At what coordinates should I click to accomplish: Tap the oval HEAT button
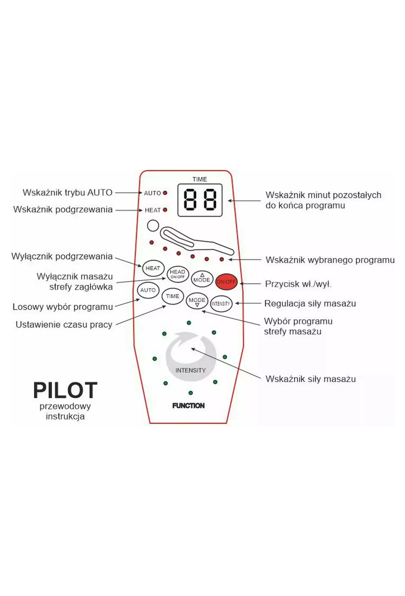[153, 268]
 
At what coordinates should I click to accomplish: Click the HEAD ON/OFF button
[178, 274]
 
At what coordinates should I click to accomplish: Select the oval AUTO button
[148, 290]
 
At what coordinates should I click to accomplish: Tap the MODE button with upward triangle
[202, 279]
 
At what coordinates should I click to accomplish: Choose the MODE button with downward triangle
[197, 301]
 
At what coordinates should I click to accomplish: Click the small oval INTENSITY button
[221, 304]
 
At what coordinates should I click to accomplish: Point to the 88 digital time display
[200, 200]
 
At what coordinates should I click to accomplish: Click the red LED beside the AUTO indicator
[165, 193]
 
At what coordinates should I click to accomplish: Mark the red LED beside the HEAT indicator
[165, 210]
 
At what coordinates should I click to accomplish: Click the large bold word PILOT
[65, 390]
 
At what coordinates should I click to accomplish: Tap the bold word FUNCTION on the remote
[189, 405]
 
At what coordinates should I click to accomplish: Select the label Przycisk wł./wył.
[298, 284]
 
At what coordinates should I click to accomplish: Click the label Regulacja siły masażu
[310, 304]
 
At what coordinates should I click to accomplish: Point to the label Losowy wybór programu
[63, 307]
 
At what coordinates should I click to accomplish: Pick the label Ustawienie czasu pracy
[64, 325]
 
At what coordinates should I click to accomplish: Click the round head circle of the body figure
[153, 226]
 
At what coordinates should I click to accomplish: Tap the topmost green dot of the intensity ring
[189, 323]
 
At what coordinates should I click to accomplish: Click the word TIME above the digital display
[200, 179]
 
